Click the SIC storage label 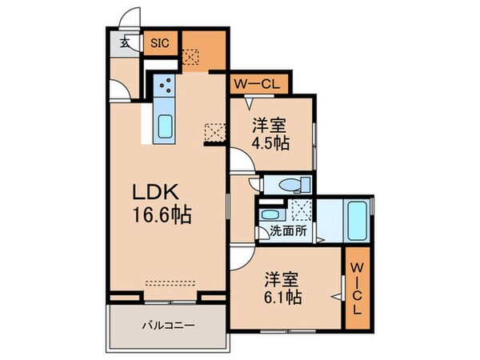click(x=159, y=44)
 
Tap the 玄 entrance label click(x=125, y=45)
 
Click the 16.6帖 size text click(x=162, y=215)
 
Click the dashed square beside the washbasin click(x=302, y=210)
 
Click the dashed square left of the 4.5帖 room click(x=214, y=130)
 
